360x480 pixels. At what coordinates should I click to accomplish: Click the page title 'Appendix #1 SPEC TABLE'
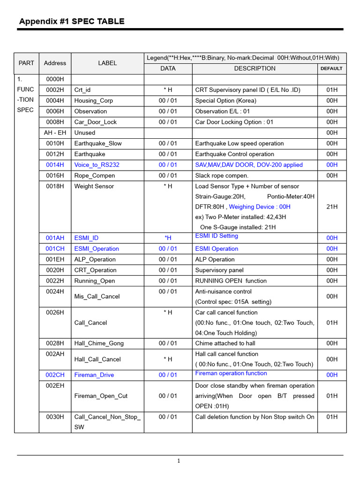pyautogui.click(x=72, y=21)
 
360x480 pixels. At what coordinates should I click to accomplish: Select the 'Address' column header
pyautogui.click(x=55, y=63)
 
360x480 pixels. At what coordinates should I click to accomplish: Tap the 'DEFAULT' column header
pyautogui.click(x=331, y=68)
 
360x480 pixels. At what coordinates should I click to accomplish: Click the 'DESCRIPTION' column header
pyautogui.click(x=255, y=68)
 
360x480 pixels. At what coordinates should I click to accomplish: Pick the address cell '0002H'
pyautogui.click(x=55, y=90)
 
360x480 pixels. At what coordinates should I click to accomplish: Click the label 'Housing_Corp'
pyautogui.click(x=93, y=101)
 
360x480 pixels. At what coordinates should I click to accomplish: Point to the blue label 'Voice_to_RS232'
pyautogui.click(x=97, y=165)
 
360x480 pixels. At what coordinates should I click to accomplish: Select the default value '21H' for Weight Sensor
pyautogui.click(x=331, y=207)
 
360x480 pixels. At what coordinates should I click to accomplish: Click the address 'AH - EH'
pyautogui.click(x=55, y=133)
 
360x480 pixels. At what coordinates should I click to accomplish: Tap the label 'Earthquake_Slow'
pyautogui.click(x=97, y=144)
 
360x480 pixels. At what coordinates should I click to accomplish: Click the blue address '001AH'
pyautogui.click(x=55, y=238)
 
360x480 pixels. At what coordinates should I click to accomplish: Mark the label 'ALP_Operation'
pyautogui.click(x=95, y=260)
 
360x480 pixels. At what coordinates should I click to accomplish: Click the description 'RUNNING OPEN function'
pyautogui.click(x=231, y=281)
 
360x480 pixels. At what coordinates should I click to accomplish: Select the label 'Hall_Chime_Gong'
pyautogui.click(x=99, y=344)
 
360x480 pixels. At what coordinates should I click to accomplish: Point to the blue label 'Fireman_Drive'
pyautogui.click(x=94, y=375)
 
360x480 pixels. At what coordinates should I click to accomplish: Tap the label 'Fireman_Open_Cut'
pyautogui.click(x=101, y=396)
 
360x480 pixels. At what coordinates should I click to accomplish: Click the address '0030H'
pyautogui.click(x=55, y=417)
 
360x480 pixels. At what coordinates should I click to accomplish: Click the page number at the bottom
pyautogui.click(x=179, y=461)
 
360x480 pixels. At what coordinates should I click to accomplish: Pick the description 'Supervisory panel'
pyautogui.click(x=221, y=270)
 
